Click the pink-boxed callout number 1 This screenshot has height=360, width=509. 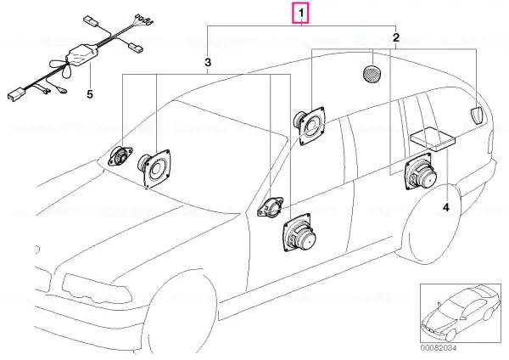pyautogui.click(x=301, y=14)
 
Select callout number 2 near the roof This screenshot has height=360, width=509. pyautogui.click(x=395, y=37)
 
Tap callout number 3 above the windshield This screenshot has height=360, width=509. pyautogui.click(x=208, y=62)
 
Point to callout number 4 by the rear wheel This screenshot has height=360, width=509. pyautogui.click(x=446, y=207)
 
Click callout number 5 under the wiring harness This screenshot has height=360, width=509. pyautogui.click(x=90, y=94)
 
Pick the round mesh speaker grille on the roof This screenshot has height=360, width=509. pyautogui.click(x=372, y=74)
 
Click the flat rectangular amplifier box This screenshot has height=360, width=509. pyautogui.click(x=433, y=138)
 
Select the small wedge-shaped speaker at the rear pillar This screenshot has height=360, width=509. pyautogui.click(x=476, y=115)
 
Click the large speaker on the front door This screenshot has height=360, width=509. pyautogui.click(x=298, y=233)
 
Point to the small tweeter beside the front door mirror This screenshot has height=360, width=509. pyautogui.click(x=271, y=207)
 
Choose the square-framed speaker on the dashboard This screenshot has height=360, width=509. pyautogui.click(x=154, y=168)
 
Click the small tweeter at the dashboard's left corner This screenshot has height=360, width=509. pyautogui.click(x=120, y=156)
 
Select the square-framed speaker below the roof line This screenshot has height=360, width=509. pyautogui.click(x=310, y=126)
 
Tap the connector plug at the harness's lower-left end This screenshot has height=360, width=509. pyautogui.click(x=14, y=94)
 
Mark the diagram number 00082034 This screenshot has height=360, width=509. pyautogui.click(x=439, y=348)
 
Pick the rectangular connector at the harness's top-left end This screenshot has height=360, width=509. pyautogui.click(x=92, y=20)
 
